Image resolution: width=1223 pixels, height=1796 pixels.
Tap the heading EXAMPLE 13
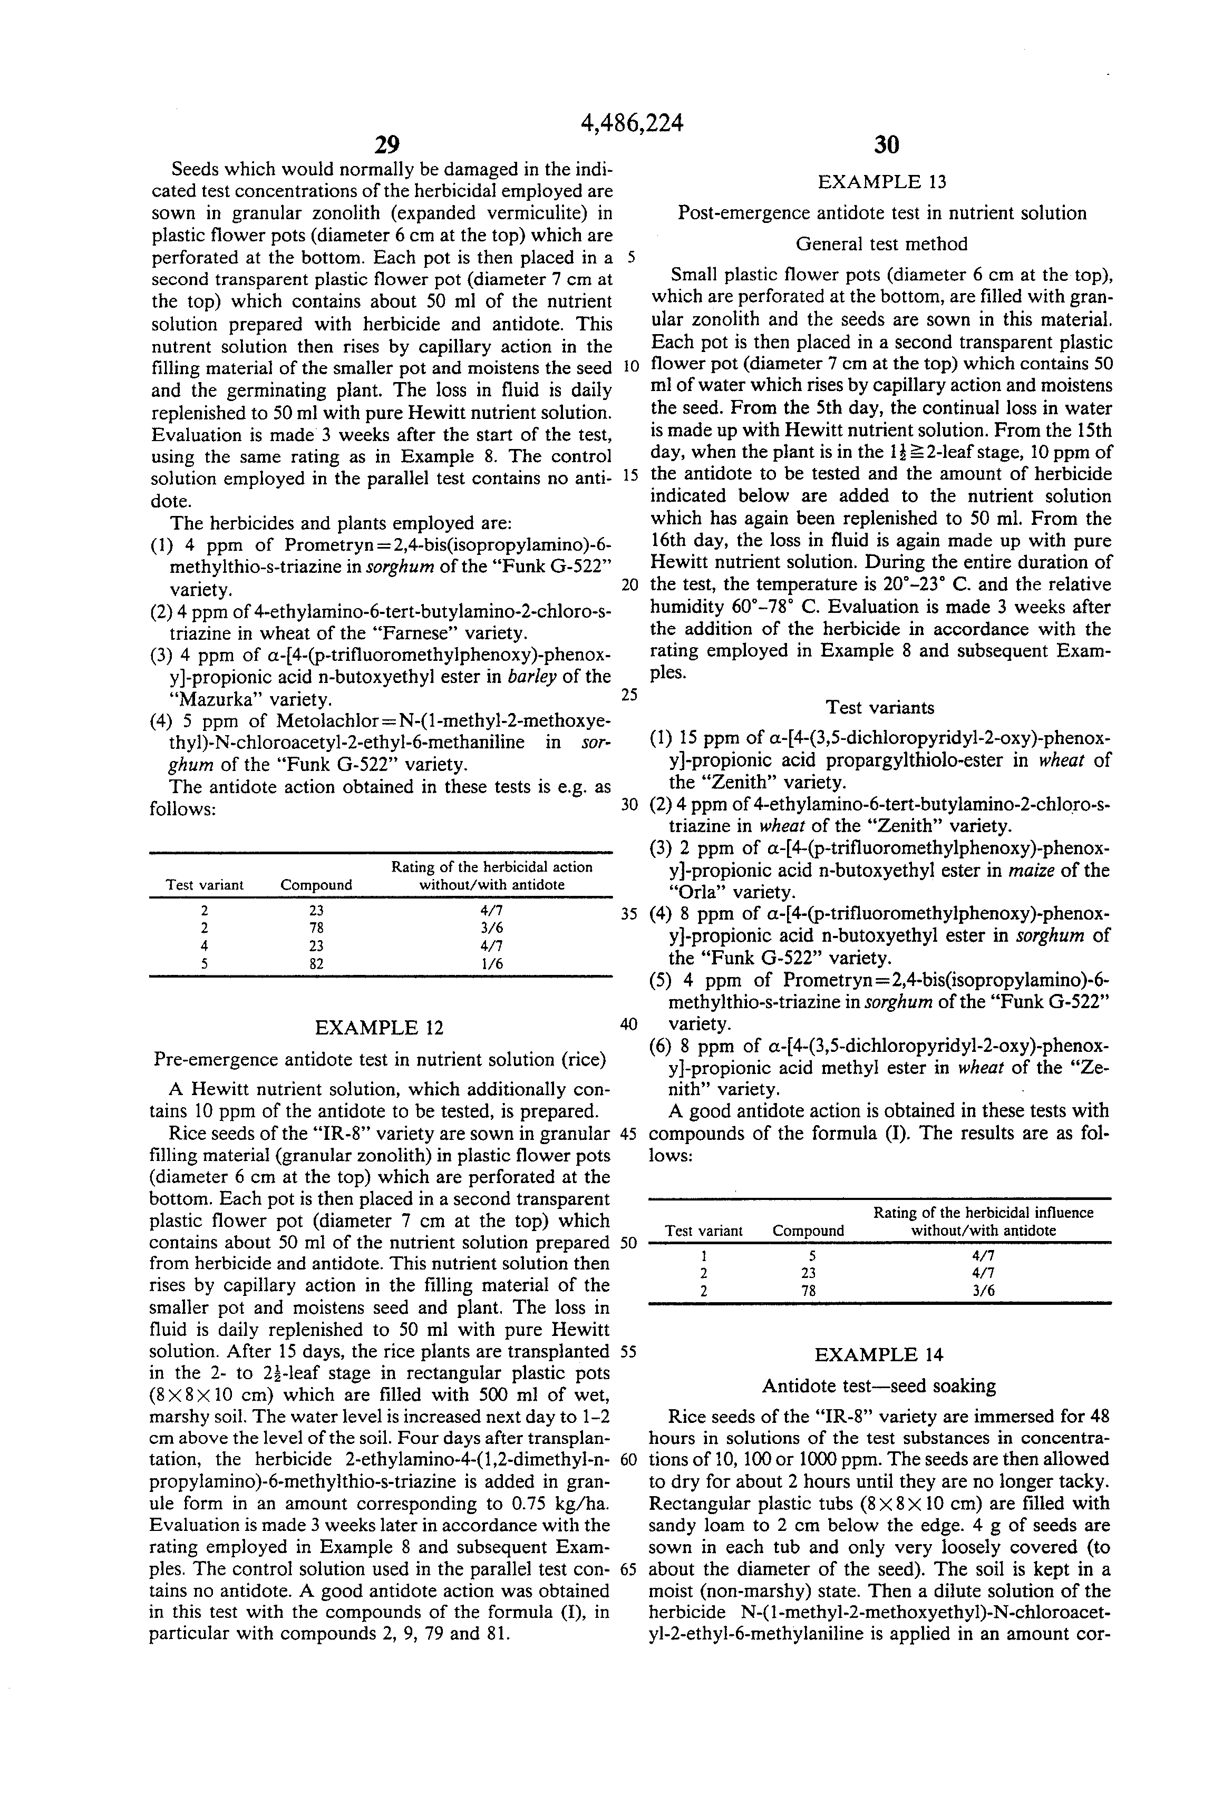tap(881, 182)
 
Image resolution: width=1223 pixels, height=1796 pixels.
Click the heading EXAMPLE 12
tap(379, 1028)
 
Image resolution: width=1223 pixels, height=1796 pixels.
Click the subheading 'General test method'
tap(881, 244)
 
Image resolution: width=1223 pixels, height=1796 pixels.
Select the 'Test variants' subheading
tap(880, 707)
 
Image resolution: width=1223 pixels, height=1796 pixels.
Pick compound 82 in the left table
tap(316, 964)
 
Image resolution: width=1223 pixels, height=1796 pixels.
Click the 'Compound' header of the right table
tap(808, 1231)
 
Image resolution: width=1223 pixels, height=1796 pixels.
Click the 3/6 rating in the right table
tap(983, 1291)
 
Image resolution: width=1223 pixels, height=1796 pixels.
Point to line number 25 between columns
tap(629, 695)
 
